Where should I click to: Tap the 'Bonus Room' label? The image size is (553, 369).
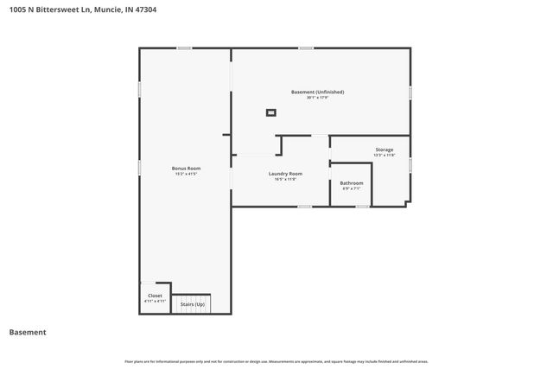pyautogui.click(x=186, y=168)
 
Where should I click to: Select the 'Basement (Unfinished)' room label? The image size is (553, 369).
pyautogui.click(x=318, y=92)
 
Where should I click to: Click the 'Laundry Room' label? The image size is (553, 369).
pyautogui.click(x=285, y=174)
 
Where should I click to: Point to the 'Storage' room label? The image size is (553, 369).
pyautogui.click(x=384, y=150)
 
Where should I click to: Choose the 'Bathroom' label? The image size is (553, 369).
pyautogui.click(x=351, y=183)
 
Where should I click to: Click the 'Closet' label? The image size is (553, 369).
pyautogui.click(x=154, y=296)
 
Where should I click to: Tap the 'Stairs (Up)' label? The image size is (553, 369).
pyautogui.click(x=192, y=304)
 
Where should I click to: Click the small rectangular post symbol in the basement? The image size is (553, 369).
pyautogui.click(x=271, y=111)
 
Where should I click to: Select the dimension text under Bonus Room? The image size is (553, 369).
pyautogui.click(x=186, y=174)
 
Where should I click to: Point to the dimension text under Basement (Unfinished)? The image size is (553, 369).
pyautogui.click(x=318, y=98)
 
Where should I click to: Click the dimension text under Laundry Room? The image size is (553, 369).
pyautogui.click(x=285, y=180)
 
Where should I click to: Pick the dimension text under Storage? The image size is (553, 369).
pyautogui.click(x=384, y=156)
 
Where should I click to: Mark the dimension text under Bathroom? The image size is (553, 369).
pyautogui.click(x=351, y=189)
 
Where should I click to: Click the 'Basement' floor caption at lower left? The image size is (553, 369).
pyautogui.click(x=27, y=332)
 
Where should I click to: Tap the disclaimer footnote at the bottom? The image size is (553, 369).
pyautogui.click(x=276, y=361)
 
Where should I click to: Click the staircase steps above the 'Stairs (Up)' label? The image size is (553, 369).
pyautogui.click(x=192, y=295)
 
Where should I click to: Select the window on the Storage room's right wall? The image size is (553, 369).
pyautogui.click(x=410, y=163)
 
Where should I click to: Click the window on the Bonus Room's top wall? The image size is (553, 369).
pyautogui.click(x=184, y=48)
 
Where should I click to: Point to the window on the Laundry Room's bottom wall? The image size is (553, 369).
pyautogui.click(x=304, y=207)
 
